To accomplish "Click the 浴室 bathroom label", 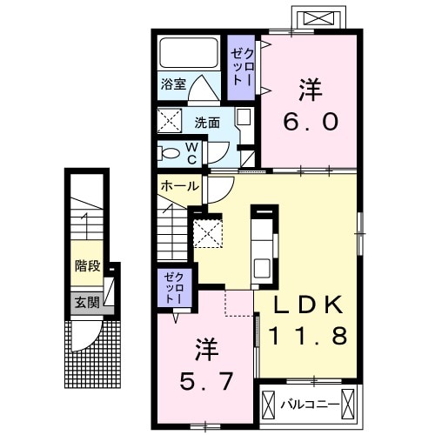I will point(172,84).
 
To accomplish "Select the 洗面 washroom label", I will point(206,122).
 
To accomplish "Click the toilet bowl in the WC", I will point(170,153).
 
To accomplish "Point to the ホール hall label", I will point(179,185).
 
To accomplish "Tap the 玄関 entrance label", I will point(86,302).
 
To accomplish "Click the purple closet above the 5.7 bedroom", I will point(171,288).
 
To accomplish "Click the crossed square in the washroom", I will point(168,120).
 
